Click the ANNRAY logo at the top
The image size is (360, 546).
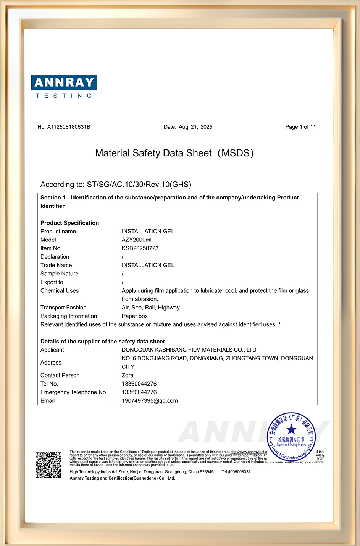[x=64, y=86]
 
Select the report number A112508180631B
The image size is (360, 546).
[x=69, y=127]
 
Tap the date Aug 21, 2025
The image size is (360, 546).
[x=195, y=127]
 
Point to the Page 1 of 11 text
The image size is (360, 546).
[x=300, y=127]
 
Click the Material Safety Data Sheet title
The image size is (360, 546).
[x=174, y=153]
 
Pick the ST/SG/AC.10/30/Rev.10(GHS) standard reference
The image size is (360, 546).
[x=139, y=185]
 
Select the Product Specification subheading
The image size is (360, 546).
[x=69, y=223]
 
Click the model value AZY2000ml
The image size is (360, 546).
[x=137, y=240]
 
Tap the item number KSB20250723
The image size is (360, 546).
[x=140, y=248]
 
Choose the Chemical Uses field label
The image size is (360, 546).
[x=60, y=291]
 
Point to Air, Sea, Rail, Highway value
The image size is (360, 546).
[x=150, y=308]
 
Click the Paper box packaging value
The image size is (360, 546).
[x=135, y=316]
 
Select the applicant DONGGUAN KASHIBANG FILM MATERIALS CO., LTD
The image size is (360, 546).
[x=189, y=350]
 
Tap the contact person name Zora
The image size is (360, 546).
[x=128, y=375]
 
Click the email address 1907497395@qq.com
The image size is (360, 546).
[x=150, y=401]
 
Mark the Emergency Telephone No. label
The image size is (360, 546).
[x=74, y=392]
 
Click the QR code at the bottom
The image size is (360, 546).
[x=48, y=465]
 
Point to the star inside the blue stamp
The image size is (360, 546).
[x=291, y=429]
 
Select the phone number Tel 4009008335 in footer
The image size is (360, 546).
[x=236, y=472]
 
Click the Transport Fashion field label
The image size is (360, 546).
[x=63, y=308]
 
